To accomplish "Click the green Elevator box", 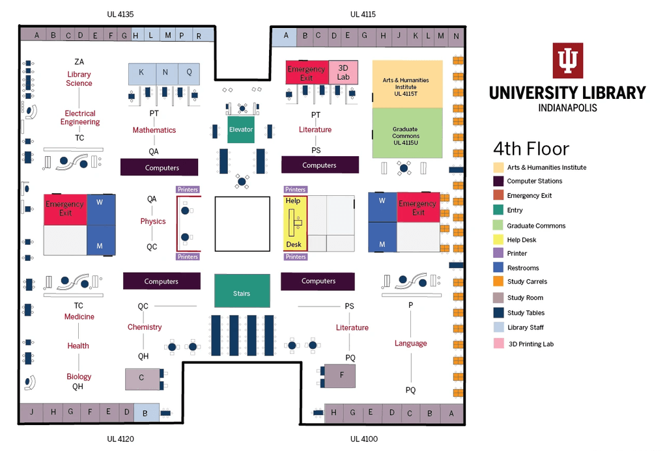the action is point(240,130).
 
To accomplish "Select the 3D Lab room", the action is point(343,72).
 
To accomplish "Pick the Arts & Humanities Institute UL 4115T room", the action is point(407,84).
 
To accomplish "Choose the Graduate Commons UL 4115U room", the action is point(407,133).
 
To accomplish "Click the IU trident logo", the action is point(567,61).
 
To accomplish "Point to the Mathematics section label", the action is point(154,130).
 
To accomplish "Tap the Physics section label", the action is point(153,221).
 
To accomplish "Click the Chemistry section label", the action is point(145,327).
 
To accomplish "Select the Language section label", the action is point(410,344).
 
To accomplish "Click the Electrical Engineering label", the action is point(80,118).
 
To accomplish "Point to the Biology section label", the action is point(79,377).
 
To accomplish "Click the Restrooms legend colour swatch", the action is point(498,267).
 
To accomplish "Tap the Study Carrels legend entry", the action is point(527,282).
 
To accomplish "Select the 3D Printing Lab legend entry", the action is point(530,344).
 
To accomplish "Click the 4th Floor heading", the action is point(531,148).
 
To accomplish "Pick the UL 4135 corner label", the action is point(121,14).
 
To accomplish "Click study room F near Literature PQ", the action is point(342,376).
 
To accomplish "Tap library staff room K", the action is point(141,72).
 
